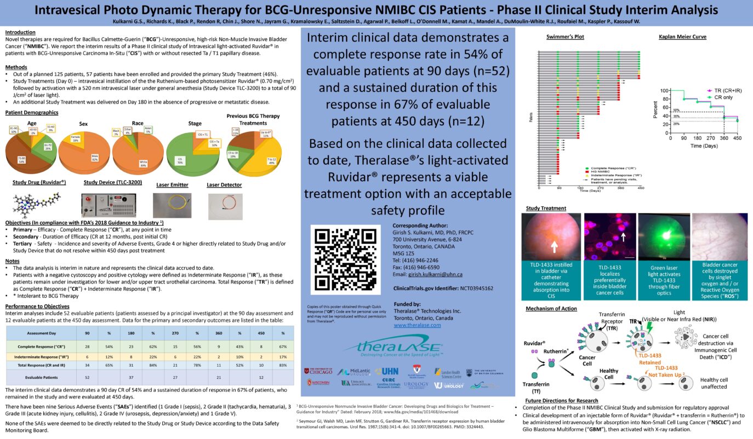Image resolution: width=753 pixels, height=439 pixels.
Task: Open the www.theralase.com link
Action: (417, 325)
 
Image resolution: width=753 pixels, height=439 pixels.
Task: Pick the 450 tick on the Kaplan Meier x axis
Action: (738, 139)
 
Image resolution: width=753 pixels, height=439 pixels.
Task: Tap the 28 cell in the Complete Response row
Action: (87, 347)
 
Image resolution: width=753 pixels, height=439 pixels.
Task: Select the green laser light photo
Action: (664, 236)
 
